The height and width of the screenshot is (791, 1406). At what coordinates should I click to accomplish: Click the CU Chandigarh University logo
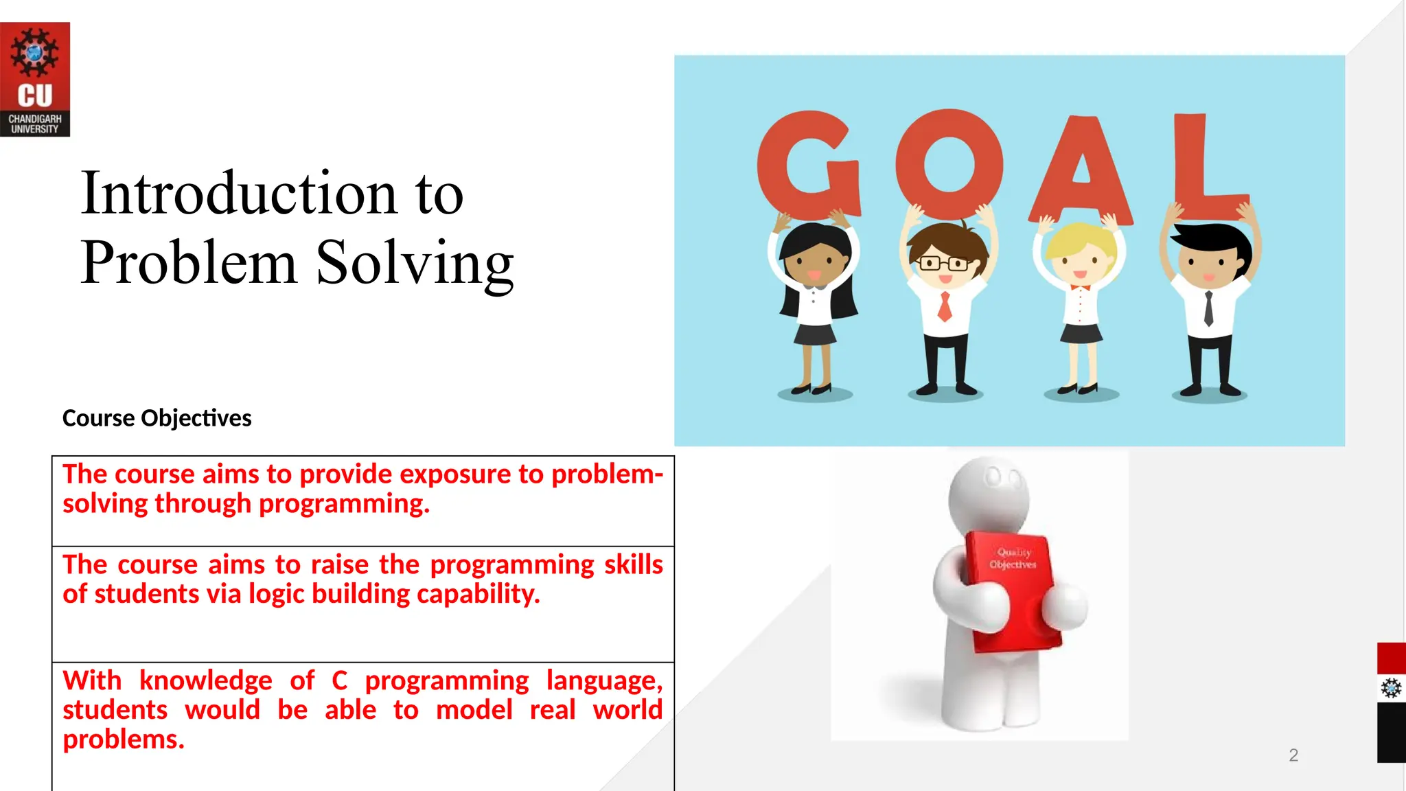[34, 79]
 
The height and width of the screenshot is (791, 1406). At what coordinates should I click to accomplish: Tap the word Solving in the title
[415, 264]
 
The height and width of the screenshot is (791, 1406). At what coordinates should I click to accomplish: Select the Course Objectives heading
[157, 418]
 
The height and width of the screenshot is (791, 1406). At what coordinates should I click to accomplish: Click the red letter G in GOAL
[807, 165]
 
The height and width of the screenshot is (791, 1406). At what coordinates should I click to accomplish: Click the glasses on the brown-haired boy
[945, 263]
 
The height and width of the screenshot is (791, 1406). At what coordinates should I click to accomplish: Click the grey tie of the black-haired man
[1209, 308]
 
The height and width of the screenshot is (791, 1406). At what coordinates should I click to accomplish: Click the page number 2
[1293, 755]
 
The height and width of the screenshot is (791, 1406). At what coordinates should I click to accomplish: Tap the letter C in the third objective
[339, 680]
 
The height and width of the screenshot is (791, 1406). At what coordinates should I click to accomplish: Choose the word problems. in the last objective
[124, 740]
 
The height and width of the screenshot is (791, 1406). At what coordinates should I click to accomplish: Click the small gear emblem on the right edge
[1391, 687]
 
